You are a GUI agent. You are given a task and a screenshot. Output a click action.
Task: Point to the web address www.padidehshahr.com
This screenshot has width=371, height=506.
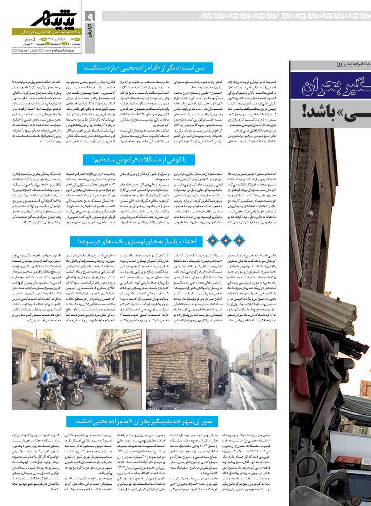tap(59, 50)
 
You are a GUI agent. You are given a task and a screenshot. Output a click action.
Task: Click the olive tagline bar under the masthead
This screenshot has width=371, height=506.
tap(46, 32)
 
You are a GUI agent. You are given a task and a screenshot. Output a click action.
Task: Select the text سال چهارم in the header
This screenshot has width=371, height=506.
tap(28, 40)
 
